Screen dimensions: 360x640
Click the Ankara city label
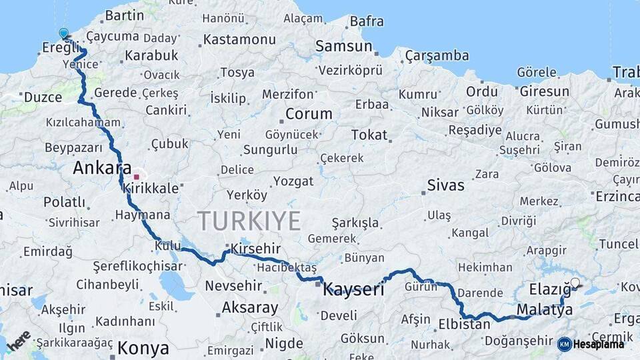click(102, 168)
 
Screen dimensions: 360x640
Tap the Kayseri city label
click(353, 290)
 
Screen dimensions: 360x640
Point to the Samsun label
click(343, 46)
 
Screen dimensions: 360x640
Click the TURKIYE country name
click(249, 221)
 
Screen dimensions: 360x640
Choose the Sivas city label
click(445, 185)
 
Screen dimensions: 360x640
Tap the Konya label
click(143, 348)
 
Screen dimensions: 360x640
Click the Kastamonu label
click(239, 39)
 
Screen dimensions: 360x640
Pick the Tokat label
click(369, 135)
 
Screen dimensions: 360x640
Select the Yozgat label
click(293, 181)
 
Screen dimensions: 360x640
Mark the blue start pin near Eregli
click(63, 33)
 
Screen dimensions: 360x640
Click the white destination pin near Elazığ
click(575, 283)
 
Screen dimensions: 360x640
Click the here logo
click(18, 339)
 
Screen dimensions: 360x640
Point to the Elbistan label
click(464, 325)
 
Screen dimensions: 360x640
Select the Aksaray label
click(249, 308)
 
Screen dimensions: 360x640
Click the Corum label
click(308, 114)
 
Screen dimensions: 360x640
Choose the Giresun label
click(544, 91)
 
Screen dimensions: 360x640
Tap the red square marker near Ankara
click(136, 177)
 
